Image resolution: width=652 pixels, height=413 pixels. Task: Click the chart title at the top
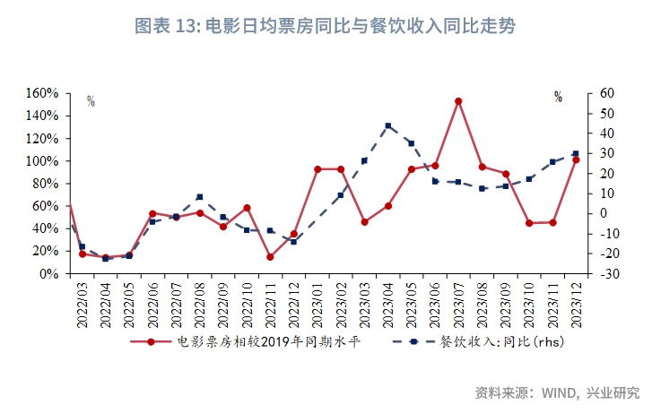coord(325,26)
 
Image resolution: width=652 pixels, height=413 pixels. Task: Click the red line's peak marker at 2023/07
coord(458,101)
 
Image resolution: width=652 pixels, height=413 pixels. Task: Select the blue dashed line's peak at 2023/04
coord(387,126)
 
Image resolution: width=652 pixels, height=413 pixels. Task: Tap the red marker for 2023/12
coord(576,159)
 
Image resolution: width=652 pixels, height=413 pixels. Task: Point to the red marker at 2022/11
coord(270,257)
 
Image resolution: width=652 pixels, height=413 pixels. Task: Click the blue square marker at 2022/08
coord(199,197)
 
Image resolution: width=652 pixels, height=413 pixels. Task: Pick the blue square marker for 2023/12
coord(576,153)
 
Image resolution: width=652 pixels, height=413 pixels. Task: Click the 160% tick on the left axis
coord(42,93)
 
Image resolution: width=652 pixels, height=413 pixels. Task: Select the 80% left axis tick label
coord(45,184)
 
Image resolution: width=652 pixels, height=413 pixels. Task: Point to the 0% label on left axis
coord(48,274)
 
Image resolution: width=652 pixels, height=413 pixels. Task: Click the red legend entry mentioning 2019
coord(269,341)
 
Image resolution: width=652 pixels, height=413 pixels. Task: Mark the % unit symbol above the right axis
coord(558,98)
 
